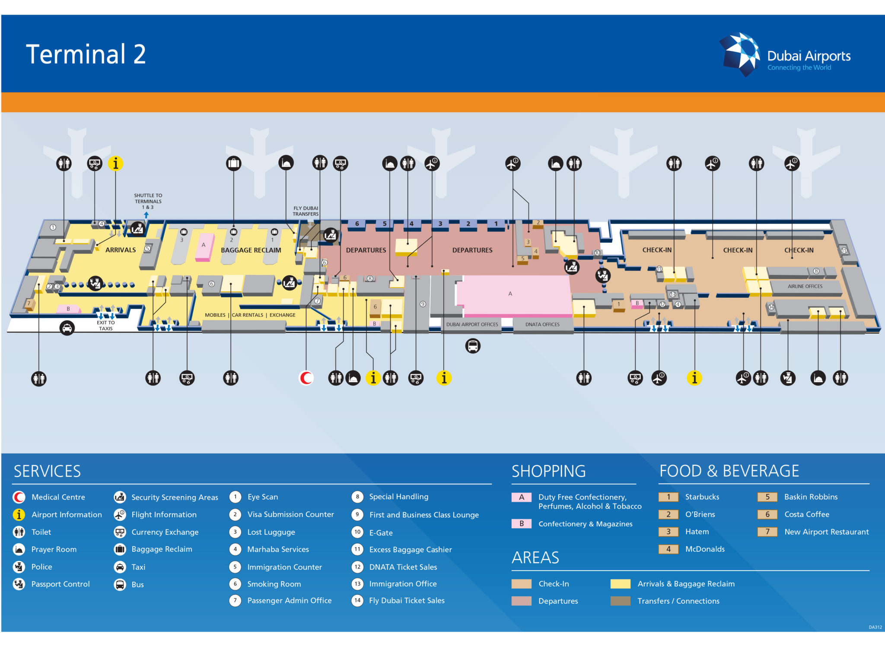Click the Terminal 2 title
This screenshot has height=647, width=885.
click(x=86, y=54)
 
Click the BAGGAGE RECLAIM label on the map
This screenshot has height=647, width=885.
click(x=251, y=250)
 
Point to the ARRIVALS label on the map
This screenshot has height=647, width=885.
click(x=121, y=250)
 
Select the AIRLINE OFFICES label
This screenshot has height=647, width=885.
click(x=805, y=287)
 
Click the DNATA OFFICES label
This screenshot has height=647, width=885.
click(x=542, y=325)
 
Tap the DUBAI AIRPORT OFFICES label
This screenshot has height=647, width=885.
click(x=472, y=325)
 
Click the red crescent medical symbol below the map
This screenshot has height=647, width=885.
click(x=306, y=378)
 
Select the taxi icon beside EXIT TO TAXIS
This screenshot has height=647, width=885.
click(x=67, y=328)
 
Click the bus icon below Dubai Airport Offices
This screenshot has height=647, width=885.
click(x=473, y=346)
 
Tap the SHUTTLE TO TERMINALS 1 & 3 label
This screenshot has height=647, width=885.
click(x=148, y=201)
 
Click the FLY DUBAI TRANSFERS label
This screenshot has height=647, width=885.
click(x=306, y=211)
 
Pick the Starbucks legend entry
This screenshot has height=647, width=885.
click(x=702, y=497)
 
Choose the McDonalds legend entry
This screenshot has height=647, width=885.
click(x=704, y=549)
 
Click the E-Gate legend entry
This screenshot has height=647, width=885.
click(x=381, y=533)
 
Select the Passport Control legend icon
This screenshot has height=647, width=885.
click(x=19, y=584)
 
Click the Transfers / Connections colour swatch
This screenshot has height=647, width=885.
click(x=620, y=601)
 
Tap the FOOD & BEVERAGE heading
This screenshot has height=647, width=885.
click(x=729, y=471)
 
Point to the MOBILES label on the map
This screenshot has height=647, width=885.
click(x=215, y=315)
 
